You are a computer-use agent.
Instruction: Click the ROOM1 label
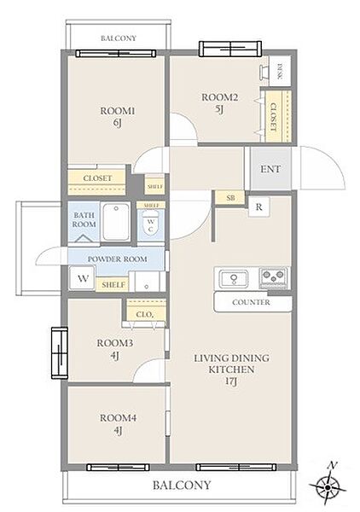[x=117, y=111]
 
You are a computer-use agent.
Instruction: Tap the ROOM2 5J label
[x=219, y=103]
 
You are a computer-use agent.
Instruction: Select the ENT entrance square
[x=270, y=168]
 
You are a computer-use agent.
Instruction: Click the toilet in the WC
[x=150, y=224]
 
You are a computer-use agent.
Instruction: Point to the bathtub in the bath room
[x=116, y=222]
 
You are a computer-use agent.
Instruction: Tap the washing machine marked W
[x=83, y=278]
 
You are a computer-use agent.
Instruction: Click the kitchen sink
[x=234, y=278]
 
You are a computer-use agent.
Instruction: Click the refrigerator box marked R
[x=258, y=207]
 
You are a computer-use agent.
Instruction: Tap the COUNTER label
[x=251, y=302]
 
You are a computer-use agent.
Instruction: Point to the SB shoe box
[x=230, y=198]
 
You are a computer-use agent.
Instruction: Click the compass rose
[x=328, y=487]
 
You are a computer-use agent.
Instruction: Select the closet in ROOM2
[x=278, y=116]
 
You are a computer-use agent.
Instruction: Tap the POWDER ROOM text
[x=117, y=259]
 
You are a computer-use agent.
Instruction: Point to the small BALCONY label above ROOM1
[x=118, y=38]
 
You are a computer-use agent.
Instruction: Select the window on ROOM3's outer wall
[x=60, y=353]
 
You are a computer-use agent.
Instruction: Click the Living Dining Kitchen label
[x=231, y=369]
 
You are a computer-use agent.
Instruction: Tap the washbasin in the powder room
[x=147, y=282]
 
